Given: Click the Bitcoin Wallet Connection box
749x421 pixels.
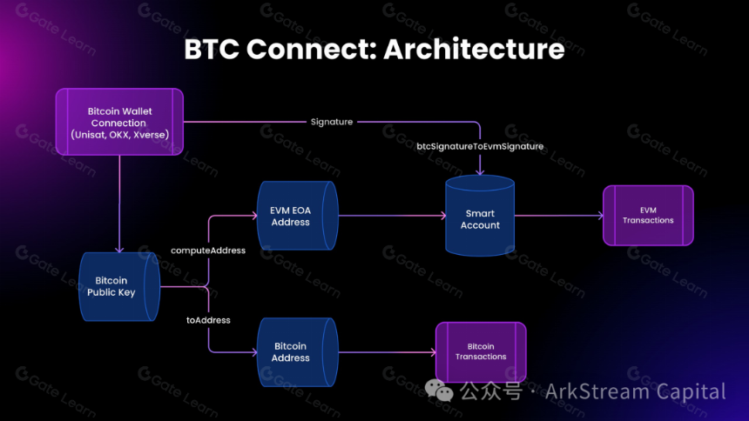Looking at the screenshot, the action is coord(119,122).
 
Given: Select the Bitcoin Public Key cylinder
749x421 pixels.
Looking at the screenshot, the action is coord(119,286).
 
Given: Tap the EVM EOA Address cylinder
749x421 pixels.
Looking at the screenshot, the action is coord(298,216).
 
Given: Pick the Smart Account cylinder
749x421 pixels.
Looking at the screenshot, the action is coord(480,216).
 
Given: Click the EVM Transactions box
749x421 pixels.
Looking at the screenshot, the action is coord(648,215).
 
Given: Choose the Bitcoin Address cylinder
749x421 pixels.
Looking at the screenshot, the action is coord(298,352).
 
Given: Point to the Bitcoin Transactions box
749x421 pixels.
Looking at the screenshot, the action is coord(481,351).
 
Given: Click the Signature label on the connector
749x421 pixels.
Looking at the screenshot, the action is coord(332,122).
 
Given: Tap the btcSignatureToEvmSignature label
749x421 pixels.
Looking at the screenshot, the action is coord(480,146).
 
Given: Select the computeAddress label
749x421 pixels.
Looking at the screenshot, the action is coord(208,251).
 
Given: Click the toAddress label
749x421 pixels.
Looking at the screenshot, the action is coord(208,320).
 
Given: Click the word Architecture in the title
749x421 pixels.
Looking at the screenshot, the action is coord(475,49).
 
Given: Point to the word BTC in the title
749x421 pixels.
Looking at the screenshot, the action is coord(212,49).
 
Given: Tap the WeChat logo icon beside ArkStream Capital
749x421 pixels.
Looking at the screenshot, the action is coord(439,390).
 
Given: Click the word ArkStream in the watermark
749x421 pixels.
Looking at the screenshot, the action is coord(597,391).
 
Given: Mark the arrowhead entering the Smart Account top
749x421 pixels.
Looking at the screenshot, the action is coord(480,172).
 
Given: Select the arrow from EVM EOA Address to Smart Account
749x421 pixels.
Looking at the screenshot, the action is coord(392,216).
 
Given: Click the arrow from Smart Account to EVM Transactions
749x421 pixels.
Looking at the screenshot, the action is coord(559,216).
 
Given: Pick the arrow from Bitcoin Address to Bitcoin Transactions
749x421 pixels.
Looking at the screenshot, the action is coord(388,352).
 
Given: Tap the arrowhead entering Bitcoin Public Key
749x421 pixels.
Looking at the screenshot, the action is coord(119,249).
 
